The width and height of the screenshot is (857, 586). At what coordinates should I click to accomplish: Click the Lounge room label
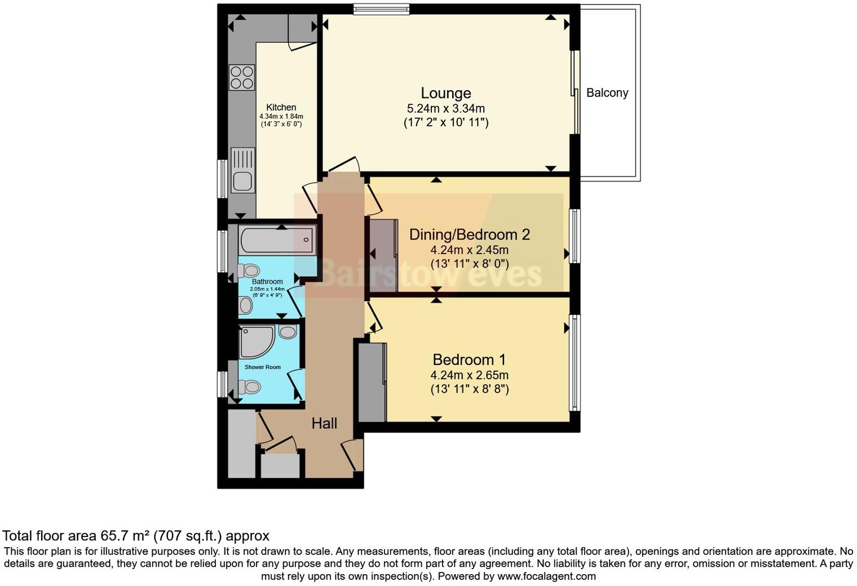point(445,93)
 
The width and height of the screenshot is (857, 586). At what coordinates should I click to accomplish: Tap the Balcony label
point(607,93)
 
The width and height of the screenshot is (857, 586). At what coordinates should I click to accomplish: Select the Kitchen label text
point(281,107)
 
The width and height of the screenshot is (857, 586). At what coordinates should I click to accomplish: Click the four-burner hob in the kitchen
point(241,78)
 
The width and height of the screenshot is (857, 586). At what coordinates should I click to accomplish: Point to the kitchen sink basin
point(242,181)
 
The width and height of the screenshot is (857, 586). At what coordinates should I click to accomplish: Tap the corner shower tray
point(255,341)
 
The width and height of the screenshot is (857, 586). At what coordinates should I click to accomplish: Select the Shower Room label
point(262,367)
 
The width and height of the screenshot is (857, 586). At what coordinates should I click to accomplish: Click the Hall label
point(324,423)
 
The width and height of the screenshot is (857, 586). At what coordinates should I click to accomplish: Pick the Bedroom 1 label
point(469,359)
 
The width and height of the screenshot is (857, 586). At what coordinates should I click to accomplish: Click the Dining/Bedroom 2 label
point(470,234)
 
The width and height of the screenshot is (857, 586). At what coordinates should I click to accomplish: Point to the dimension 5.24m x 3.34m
point(445,109)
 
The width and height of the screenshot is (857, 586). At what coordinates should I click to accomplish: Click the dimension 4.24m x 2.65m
point(469,375)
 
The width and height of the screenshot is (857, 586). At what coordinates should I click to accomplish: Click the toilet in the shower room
point(249,387)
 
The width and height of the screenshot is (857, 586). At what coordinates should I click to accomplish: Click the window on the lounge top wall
point(381,8)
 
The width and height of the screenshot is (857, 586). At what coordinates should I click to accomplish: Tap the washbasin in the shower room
point(288,331)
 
